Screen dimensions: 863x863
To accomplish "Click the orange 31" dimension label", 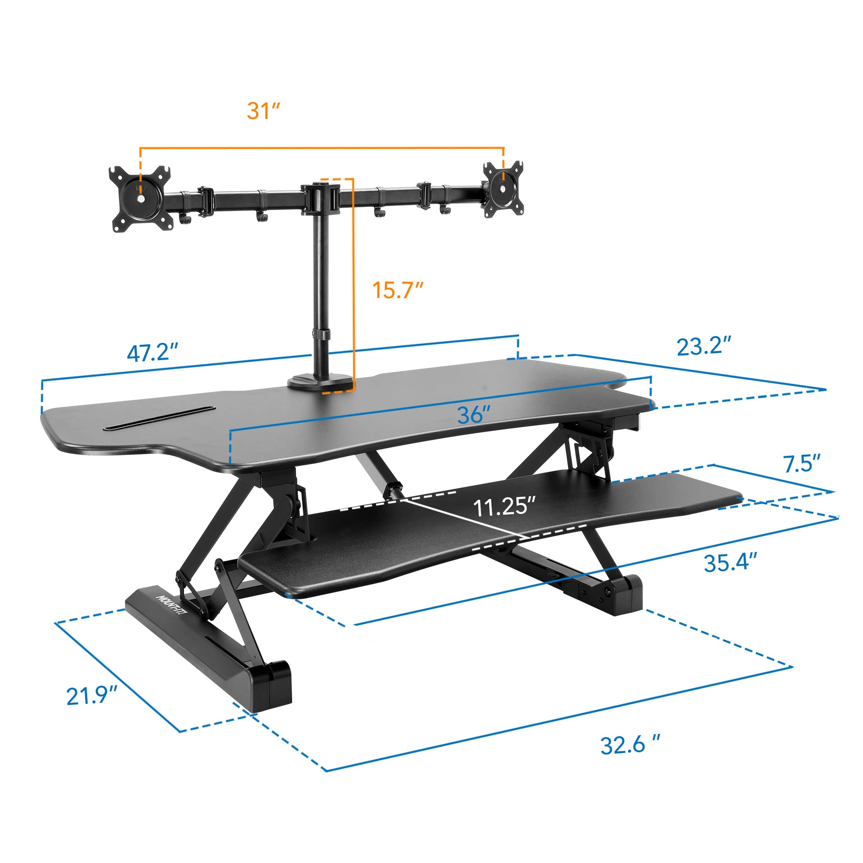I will click(x=263, y=110).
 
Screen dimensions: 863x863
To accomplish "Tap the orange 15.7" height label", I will click(x=397, y=290).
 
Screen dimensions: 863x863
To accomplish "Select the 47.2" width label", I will click(x=153, y=353).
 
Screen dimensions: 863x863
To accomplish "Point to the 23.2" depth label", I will click(x=704, y=346).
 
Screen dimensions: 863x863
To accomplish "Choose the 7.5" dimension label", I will click(x=803, y=464).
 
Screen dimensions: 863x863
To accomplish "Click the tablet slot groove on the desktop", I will click(x=160, y=418).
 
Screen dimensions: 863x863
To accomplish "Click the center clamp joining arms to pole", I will click(x=319, y=197).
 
